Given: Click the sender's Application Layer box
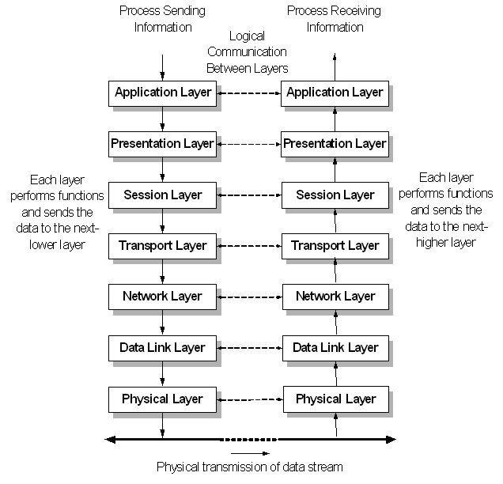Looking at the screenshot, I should coord(162,93).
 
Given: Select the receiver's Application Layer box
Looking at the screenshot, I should coord(335,93).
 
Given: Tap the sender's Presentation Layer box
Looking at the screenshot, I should coord(162,144).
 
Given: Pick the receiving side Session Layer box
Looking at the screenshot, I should coord(335,195).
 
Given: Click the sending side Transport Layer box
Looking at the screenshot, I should coord(162,246).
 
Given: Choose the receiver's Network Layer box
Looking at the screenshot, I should coord(335,297).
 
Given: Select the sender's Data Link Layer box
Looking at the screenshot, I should coord(162,348).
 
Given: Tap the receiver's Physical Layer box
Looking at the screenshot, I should coord(335,399).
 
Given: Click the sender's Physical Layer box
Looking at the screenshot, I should coord(162,399).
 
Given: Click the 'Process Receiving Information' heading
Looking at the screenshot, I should coord(335,19).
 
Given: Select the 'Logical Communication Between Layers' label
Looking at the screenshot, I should coord(248,52).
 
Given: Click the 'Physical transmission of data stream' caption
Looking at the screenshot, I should coord(250,467).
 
